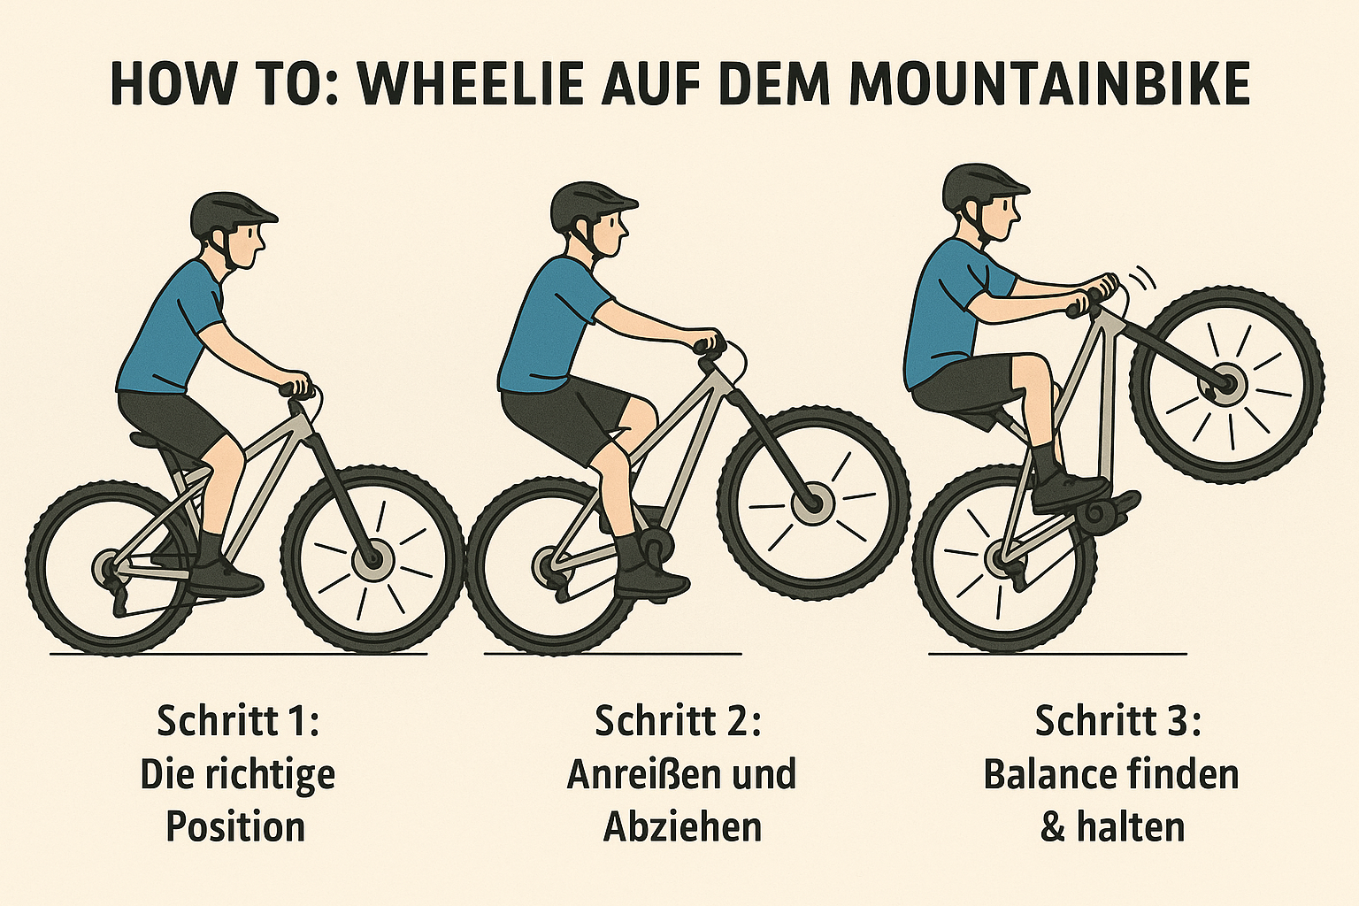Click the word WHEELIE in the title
coord(472,84)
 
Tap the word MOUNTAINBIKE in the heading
coord(1050,84)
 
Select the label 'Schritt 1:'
coord(237,721)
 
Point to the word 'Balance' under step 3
coord(1045,775)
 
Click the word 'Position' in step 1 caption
coord(235,827)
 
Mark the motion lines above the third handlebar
coord(1141,280)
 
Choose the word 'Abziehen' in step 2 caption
coord(682,827)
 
